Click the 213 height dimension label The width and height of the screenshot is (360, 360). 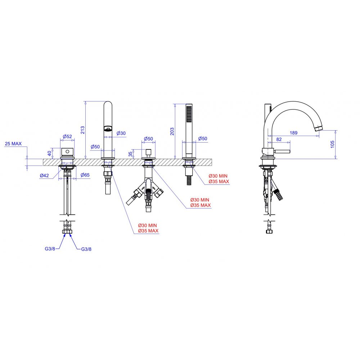(83, 130)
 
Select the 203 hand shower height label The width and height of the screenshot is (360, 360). (172, 131)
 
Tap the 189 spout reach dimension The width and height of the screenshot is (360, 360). (293, 133)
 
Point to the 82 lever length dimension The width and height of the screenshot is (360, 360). (279, 139)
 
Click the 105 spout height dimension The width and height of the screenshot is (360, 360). (332, 144)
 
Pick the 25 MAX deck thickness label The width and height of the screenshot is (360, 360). (13, 144)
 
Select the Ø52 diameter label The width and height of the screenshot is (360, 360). (68, 136)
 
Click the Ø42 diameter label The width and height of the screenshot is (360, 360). (44, 175)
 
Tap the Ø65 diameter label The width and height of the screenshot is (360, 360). (85, 175)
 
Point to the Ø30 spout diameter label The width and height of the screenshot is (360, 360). (121, 133)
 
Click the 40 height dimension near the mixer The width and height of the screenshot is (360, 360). (50, 153)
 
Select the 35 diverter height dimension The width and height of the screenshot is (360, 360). (130, 154)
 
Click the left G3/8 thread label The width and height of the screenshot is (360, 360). (50, 249)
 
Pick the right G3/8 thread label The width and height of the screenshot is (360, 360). (86, 249)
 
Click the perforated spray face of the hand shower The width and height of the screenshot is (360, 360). (189, 114)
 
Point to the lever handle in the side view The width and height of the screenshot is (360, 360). (283, 152)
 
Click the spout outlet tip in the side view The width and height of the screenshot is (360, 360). (319, 129)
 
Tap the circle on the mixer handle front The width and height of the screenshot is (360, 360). (67, 152)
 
